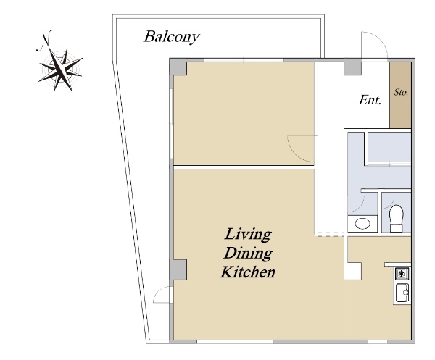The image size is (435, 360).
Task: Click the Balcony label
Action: click(x=171, y=37)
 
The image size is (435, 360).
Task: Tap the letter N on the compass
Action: click(x=45, y=41)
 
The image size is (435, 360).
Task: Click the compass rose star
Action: click(x=60, y=70)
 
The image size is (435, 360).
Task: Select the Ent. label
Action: click(x=370, y=100)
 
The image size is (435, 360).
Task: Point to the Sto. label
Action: click(x=401, y=92)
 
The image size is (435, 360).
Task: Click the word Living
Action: click(x=248, y=235)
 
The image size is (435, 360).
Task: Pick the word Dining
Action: click(x=248, y=254)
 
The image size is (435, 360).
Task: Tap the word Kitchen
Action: click(x=248, y=272)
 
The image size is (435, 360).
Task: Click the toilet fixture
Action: click(x=396, y=218)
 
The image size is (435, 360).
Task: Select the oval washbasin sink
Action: click(x=362, y=224)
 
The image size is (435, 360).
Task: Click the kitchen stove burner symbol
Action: click(x=402, y=274)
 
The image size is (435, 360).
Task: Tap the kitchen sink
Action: click(x=402, y=293)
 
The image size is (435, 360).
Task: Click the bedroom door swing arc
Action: click(x=297, y=152)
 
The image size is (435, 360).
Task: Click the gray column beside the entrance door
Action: click(x=352, y=68)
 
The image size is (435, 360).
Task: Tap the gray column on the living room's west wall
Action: click(x=178, y=269)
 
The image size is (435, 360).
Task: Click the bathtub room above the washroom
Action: click(x=389, y=147)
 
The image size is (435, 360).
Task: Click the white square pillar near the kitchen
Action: click(x=352, y=272)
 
